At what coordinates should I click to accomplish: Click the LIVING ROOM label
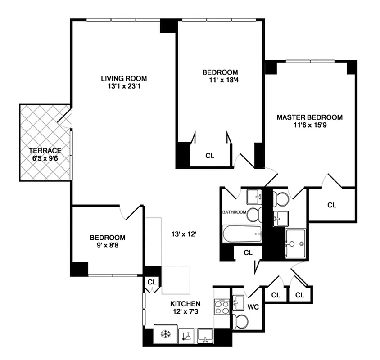[x=118, y=78]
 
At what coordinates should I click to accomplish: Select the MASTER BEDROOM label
[x=309, y=117]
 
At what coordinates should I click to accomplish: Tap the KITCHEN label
[x=185, y=304]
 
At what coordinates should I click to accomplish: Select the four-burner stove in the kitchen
[x=222, y=307]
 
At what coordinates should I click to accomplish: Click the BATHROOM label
[x=234, y=212]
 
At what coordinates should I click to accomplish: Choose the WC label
[x=253, y=307]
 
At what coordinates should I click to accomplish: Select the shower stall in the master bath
[x=296, y=243]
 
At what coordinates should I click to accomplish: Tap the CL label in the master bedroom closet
[x=332, y=205]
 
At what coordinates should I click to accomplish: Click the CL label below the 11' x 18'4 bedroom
[x=210, y=156]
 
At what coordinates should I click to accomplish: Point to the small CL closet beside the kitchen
[x=151, y=282]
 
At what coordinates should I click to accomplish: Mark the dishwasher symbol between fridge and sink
[x=185, y=335]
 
